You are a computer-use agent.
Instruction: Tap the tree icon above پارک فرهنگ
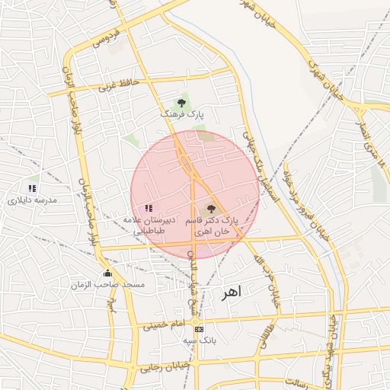(x=181, y=102)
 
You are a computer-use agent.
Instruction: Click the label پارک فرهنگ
(x=181, y=113)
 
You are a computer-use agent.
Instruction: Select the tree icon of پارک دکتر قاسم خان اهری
(x=211, y=208)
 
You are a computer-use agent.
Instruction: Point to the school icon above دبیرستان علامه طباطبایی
(x=149, y=207)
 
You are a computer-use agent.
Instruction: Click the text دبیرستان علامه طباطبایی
(x=149, y=224)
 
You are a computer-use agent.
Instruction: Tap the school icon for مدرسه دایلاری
(x=32, y=187)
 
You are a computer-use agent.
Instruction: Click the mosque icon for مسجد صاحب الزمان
(x=107, y=273)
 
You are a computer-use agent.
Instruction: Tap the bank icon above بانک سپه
(x=200, y=329)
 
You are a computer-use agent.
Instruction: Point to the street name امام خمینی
(x=163, y=325)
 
